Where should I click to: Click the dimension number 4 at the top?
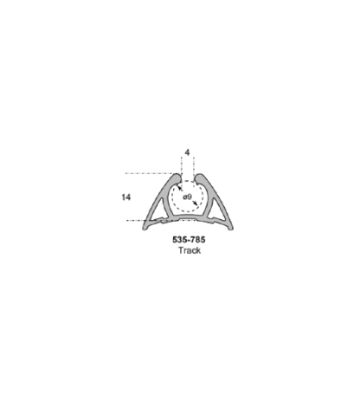coord(188,152)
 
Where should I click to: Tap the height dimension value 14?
coord(125,197)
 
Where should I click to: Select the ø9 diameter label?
coord(187,197)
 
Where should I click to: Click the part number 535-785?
coord(189,240)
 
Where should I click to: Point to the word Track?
coord(190,250)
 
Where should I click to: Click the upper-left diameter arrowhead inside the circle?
coord(180,188)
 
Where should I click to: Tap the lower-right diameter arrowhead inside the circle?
coord(196,203)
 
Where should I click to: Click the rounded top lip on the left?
coord(177,178)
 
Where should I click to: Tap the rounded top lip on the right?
coord(199,178)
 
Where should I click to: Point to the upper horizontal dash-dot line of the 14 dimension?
coord(151,173)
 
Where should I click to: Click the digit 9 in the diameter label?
coord(190,197)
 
